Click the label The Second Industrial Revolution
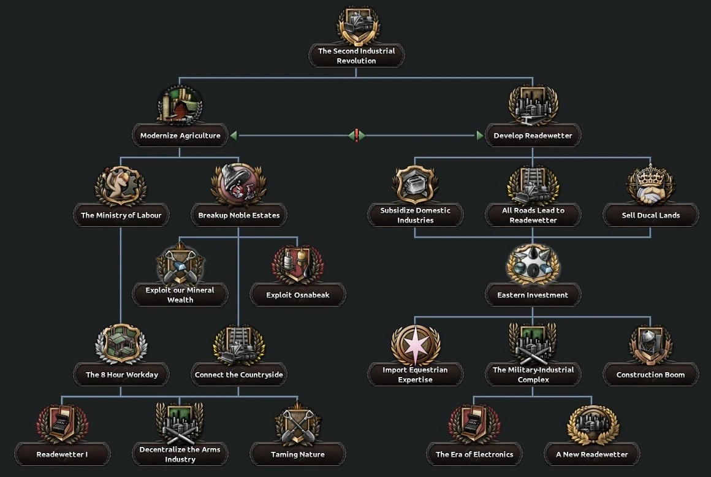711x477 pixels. coord(356,56)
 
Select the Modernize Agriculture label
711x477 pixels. coord(180,135)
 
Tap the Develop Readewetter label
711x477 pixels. coord(533,135)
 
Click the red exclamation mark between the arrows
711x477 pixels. coord(357,135)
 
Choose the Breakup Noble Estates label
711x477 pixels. coord(239,215)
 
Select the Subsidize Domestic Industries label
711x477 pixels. coord(415,215)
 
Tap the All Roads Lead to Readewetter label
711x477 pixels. coord(533,215)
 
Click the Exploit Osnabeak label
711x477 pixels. coord(298,295)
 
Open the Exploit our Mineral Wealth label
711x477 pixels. coord(180,295)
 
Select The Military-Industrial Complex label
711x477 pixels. coord(533,375)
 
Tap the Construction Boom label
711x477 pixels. coord(650,375)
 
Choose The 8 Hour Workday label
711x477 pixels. coord(121,375)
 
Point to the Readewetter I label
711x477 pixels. coord(62,454)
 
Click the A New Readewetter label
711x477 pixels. coord(591,454)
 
